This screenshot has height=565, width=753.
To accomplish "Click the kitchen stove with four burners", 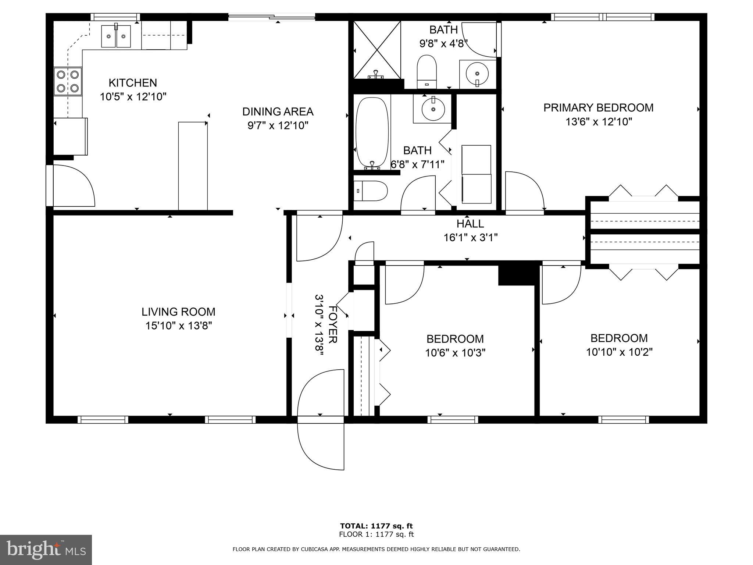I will tap(68, 81).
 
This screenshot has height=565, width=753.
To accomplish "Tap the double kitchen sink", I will tap(116, 36).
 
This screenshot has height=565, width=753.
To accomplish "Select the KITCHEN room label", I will tap(133, 83).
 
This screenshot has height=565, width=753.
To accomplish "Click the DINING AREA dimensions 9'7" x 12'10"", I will tap(278, 126).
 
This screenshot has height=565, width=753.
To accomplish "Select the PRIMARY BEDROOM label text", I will tap(598, 108).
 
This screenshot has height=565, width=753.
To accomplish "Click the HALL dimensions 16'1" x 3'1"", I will tap(470, 238).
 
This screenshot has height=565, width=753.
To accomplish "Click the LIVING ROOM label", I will tap(178, 312).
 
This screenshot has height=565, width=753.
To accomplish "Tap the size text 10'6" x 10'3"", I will tap(455, 353).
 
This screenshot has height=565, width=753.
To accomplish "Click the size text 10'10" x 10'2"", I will tap(619, 352).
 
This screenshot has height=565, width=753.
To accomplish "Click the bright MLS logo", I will tap(46, 550).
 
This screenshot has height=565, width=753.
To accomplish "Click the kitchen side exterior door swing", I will tap(73, 186).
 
